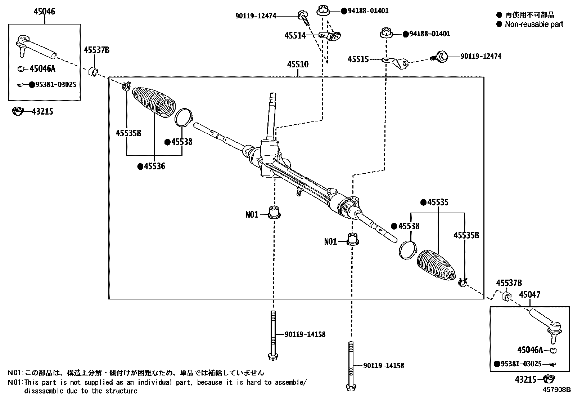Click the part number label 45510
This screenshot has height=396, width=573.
pyautogui.click(x=298, y=65)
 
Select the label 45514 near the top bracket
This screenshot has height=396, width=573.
pyautogui.click(x=295, y=35)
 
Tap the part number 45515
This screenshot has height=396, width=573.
pyautogui.click(x=358, y=59)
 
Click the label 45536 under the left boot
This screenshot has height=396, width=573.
pyautogui.click(x=154, y=166)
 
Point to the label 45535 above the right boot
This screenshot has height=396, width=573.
pyautogui.click(x=438, y=203)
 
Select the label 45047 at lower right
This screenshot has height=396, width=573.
pyautogui.click(x=529, y=295)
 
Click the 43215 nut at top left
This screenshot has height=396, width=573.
pyautogui.click(x=17, y=111)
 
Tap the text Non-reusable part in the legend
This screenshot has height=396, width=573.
pyautogui.click(x=534, y=24)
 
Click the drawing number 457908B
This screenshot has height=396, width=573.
pyautogui.click(x=557, y=390)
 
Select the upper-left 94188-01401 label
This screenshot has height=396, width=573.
pyautogui.click(x=368, y=11)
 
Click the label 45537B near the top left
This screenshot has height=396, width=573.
pyautogui.click(x=96, y=50)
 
